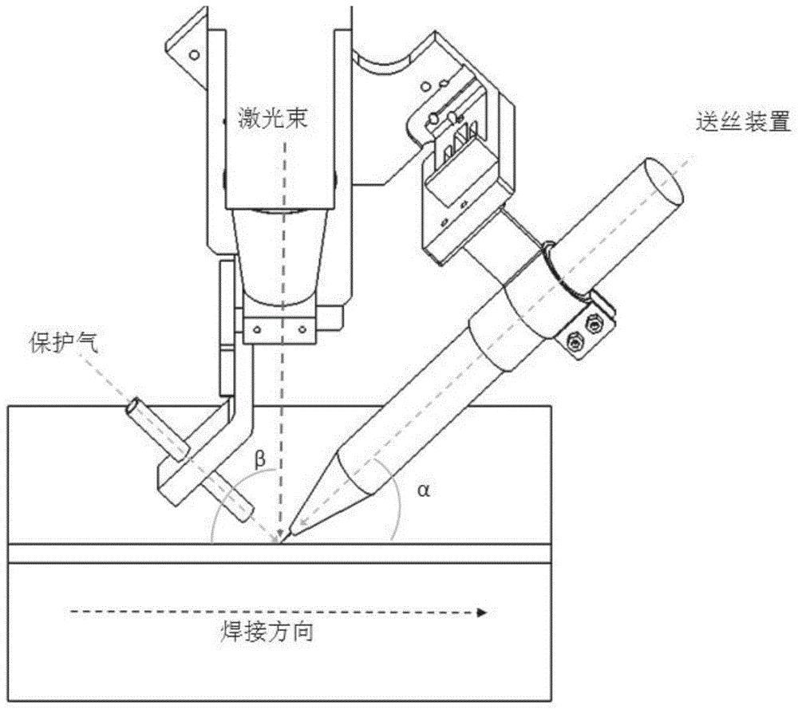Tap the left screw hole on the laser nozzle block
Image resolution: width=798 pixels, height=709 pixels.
(x=257, y=326)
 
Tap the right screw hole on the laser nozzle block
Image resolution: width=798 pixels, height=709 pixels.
(x=302, y=326)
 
